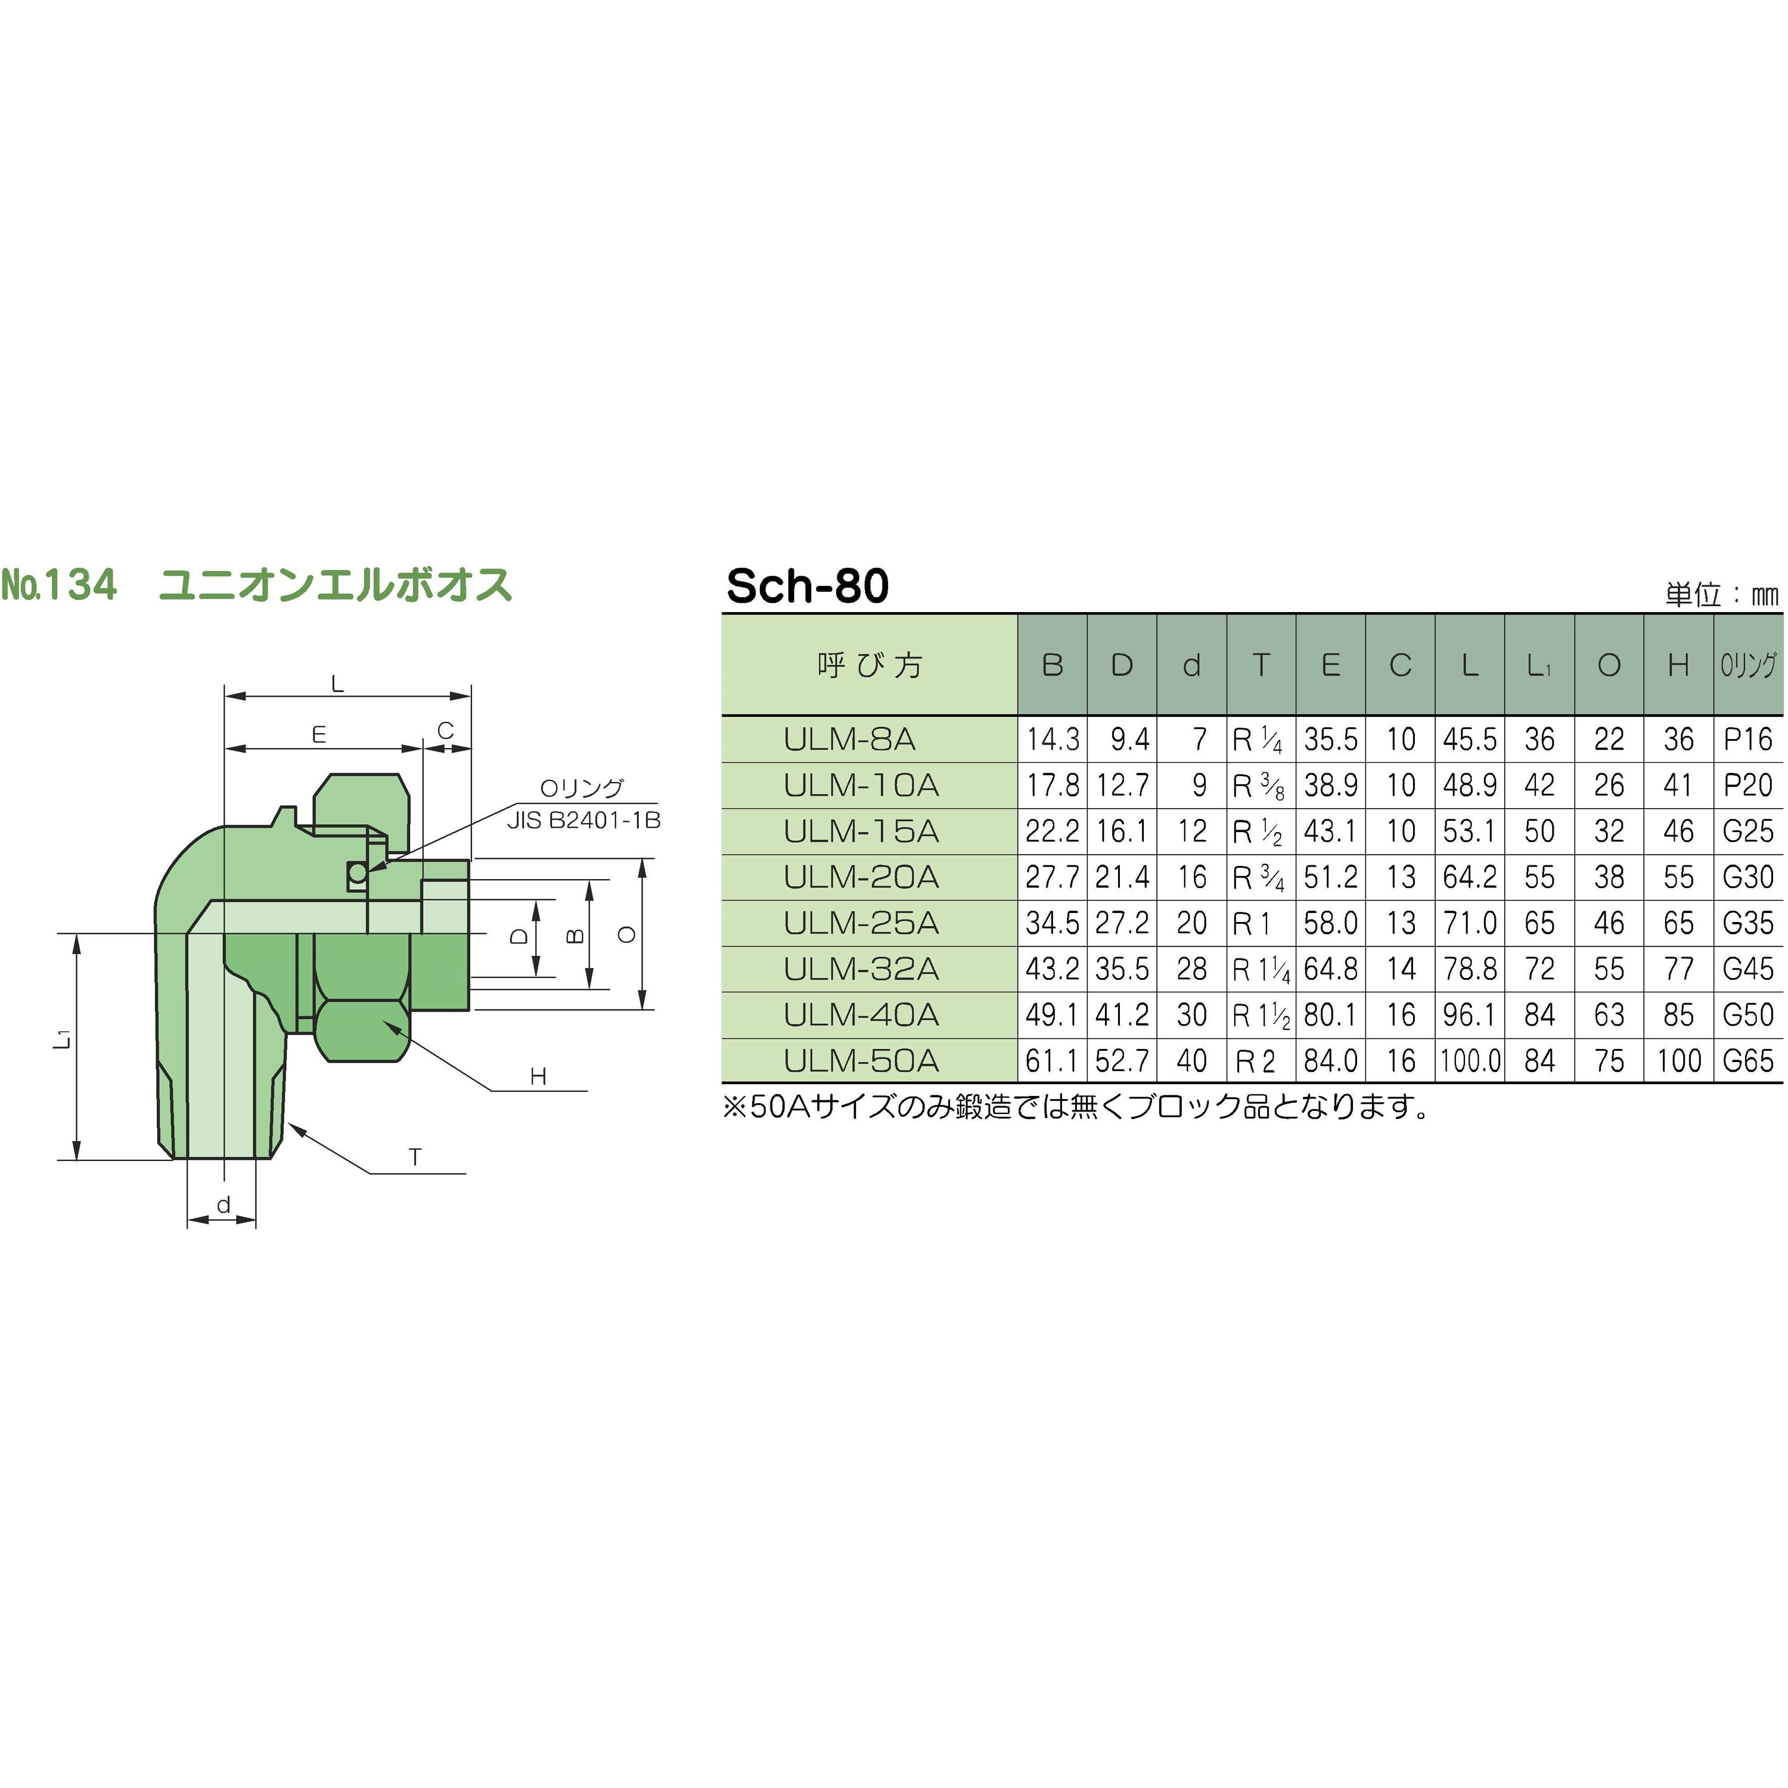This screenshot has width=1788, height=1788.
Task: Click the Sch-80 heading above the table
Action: (807, 586)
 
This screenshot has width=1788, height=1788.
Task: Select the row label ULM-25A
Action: (861, 923)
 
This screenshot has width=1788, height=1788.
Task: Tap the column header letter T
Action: (1261, 665)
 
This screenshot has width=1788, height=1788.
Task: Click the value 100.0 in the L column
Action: (1470, 1061)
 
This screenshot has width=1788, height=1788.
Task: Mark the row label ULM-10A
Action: (861, 785)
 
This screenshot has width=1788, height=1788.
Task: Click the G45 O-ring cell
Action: (1747, 969)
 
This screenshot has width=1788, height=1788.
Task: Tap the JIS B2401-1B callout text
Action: (583, 820)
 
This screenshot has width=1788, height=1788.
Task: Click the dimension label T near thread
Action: (415, 1157)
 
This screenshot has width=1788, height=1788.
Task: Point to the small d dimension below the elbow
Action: (223, 1205)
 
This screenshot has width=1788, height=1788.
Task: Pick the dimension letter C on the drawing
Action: (445, 731)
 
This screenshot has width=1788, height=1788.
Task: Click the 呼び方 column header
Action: (869, 665)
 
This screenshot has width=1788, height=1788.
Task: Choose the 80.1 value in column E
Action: (1330, 1015)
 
